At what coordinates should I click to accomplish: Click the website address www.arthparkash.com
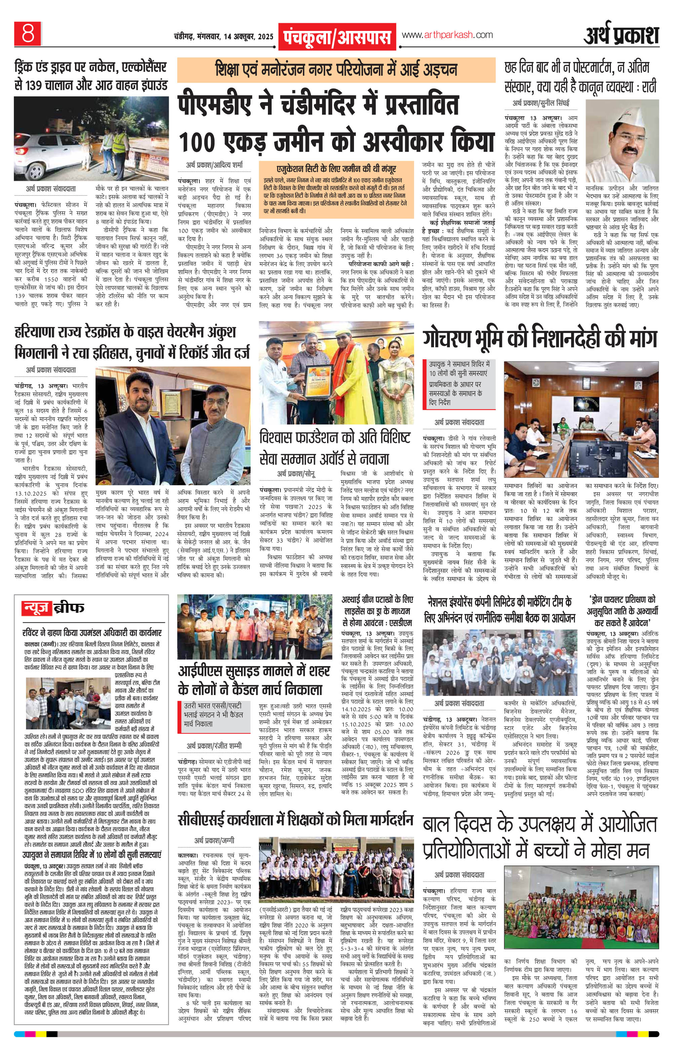[447, 35]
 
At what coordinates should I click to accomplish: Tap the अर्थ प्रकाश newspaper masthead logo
[621, 36]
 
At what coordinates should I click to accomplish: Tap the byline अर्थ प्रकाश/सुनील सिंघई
[540, 104]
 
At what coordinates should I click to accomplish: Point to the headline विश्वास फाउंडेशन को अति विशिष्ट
[335, 438]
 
